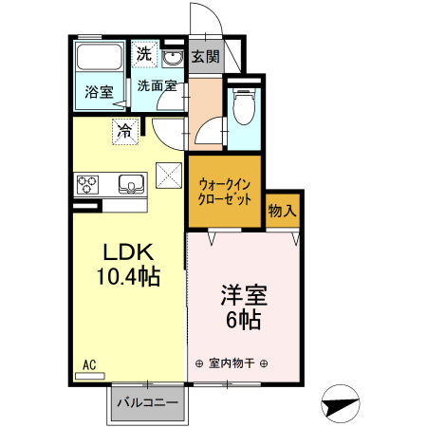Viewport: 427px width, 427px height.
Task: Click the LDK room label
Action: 127,252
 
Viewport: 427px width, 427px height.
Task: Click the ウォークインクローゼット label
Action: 225,193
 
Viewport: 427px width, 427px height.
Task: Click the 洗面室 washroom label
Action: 156,85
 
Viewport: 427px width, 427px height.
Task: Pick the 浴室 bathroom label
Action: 98,93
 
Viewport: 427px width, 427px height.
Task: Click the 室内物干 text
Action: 232,362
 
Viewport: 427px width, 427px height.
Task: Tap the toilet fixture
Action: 243,106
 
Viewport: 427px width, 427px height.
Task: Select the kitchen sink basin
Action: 130,182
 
